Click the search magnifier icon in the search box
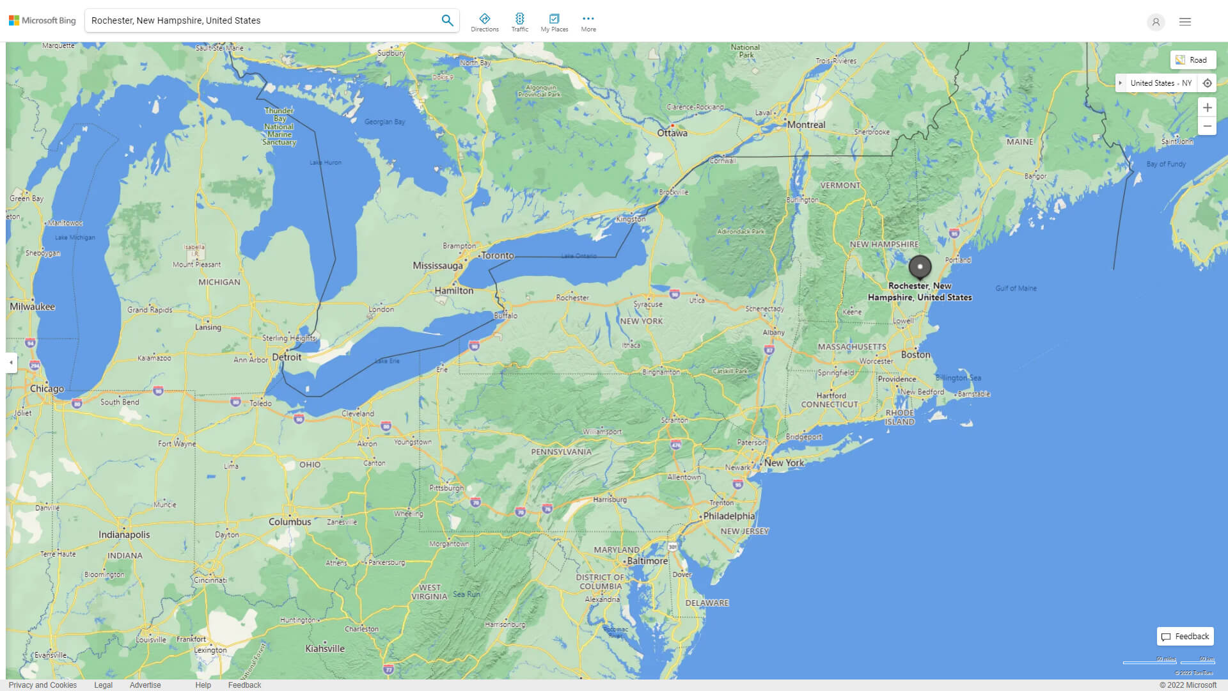coord(447,20)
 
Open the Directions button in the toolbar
coord(484,22)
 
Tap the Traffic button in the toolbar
coord(519,22)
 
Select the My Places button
coord(554,22)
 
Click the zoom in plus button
coord(1207,107)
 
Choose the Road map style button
coord(1192,60)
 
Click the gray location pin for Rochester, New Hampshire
coord(920,267)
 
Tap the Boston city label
coord(915,355)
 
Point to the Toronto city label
coord(497,255)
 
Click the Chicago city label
coord(47,388)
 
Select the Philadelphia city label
coord(728,516)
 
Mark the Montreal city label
coord(806,125)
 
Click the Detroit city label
coord(287,357)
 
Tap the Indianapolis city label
coord(124,535)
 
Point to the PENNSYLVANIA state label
coord(561,452)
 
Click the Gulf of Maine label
coord(1016,289)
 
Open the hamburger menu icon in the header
coord(1185,22)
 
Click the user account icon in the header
coord(1155,22)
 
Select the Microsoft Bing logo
coord(42,20)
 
